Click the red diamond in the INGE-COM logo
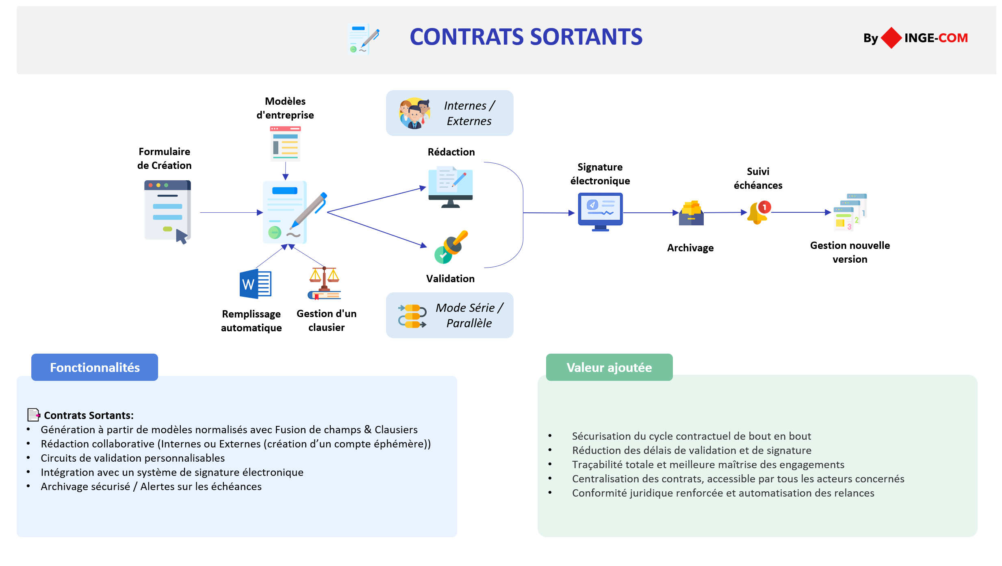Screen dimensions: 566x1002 pyautogui.click(x=891, y=38)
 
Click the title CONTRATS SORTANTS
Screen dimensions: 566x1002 pyautogui.click(x=526, y=37)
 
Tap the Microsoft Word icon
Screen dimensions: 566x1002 pyautogui.click(x=255, y=284)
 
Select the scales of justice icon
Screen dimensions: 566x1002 pyautogui.click(x=324, y=283)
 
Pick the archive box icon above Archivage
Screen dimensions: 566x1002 pyautogui.click(x=691, y=213)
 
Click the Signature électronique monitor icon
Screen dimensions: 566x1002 pyautogui.click(x=600, y=212)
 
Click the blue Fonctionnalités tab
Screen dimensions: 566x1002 pyautogui.click(x=95, y=367)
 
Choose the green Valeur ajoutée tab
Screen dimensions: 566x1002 pyautogui.click(x=609, y=367)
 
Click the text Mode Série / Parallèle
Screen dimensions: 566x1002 pyautogui.click(x=469, y=315)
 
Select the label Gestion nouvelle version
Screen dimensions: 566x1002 pyautogui.click(x=850, y=252)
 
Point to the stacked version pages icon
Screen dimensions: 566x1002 pyautogui.click(x=850, y=212)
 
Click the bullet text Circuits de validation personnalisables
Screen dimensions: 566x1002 pyautogui.click(x=132, y=458)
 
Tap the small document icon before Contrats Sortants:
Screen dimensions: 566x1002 pyautogui.click(x=33, y=415)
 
